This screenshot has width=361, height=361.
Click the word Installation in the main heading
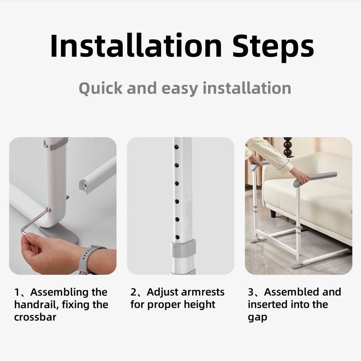point(136,46)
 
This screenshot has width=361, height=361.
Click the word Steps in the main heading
point(273,48)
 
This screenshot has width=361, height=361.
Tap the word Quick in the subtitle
point(101,88)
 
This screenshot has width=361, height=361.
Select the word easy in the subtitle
point(180,89)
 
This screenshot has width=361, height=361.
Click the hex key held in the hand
point(36,222)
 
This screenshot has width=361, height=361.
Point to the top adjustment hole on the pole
point(177,147)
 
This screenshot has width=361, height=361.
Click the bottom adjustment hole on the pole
point(177,237)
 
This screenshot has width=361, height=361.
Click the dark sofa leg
point(273,213)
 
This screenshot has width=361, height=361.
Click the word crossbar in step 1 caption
point(35,317)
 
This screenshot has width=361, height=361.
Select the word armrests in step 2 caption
point(203,292)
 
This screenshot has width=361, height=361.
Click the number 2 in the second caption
point(134,292)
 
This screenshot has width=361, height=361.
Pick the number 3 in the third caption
point(251,292)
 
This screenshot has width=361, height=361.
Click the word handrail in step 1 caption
point(37,305)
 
